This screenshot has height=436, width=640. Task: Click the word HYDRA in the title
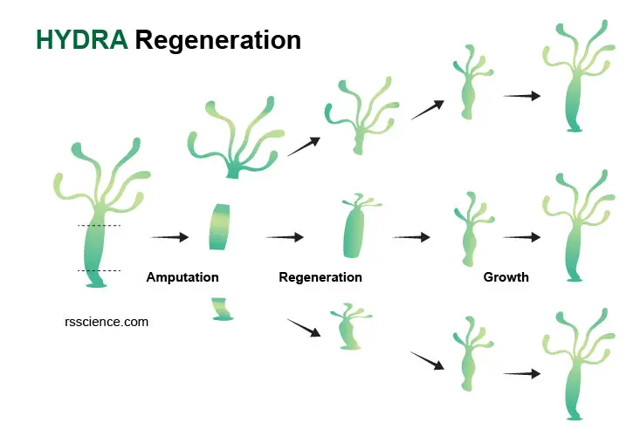[82, 40]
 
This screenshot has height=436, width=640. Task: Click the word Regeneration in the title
[218, 41]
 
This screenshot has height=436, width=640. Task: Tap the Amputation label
[182, 277]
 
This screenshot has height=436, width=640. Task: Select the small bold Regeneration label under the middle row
[320, 277]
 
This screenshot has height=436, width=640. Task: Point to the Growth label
[506, 277]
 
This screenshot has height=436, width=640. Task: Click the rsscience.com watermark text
[107, 322]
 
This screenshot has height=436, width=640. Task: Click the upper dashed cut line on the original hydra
[100, 225]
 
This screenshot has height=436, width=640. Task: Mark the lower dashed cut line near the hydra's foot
[100, 270]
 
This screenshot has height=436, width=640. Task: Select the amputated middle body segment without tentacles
[220, 227]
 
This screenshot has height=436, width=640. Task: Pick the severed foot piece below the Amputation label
[222, 310]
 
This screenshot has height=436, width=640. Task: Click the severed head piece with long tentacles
[236, 139]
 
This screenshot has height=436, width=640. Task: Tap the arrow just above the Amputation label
[169, 236]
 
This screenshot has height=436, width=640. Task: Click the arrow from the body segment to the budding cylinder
[285, 236]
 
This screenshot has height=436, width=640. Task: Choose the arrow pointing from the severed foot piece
[304, 328]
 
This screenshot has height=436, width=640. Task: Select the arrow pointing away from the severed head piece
[304, 146]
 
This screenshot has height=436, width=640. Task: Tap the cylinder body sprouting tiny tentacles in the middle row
[355, 228]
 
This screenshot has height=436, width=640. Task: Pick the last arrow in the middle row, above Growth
[522, 236]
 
